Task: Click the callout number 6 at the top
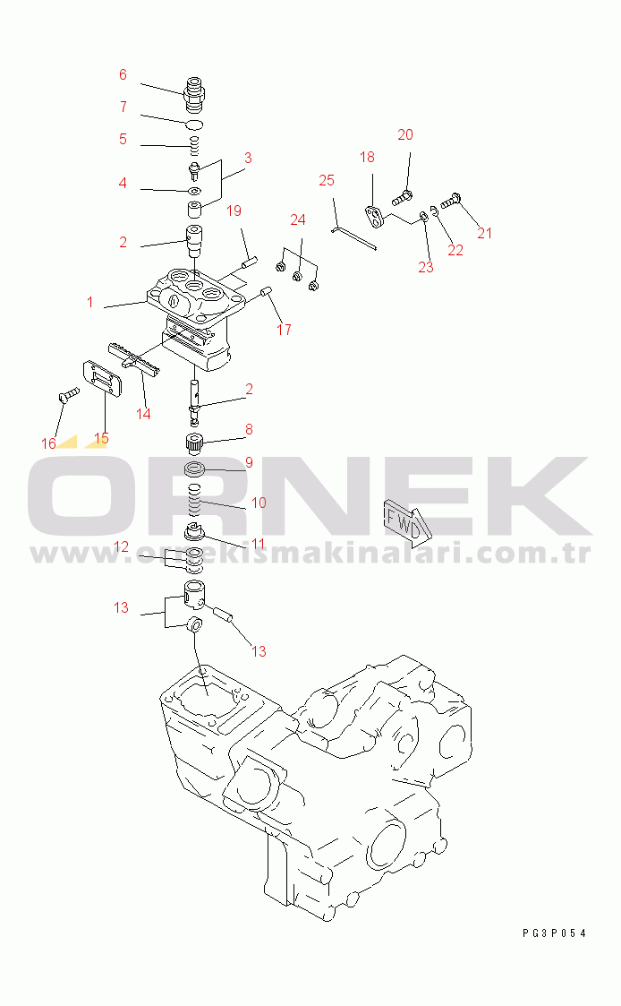(123, 75)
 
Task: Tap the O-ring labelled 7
(195, 124)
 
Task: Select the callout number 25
(327, 180)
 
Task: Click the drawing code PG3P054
(555, 933)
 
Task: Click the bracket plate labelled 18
(374, 215)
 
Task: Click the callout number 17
(284, 330)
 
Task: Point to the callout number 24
(298, 220)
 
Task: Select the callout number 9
(250, 462)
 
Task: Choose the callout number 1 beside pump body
(90, 302)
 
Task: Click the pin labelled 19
(250, 262)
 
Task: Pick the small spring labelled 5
(195, 146)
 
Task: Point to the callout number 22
(455, 250)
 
